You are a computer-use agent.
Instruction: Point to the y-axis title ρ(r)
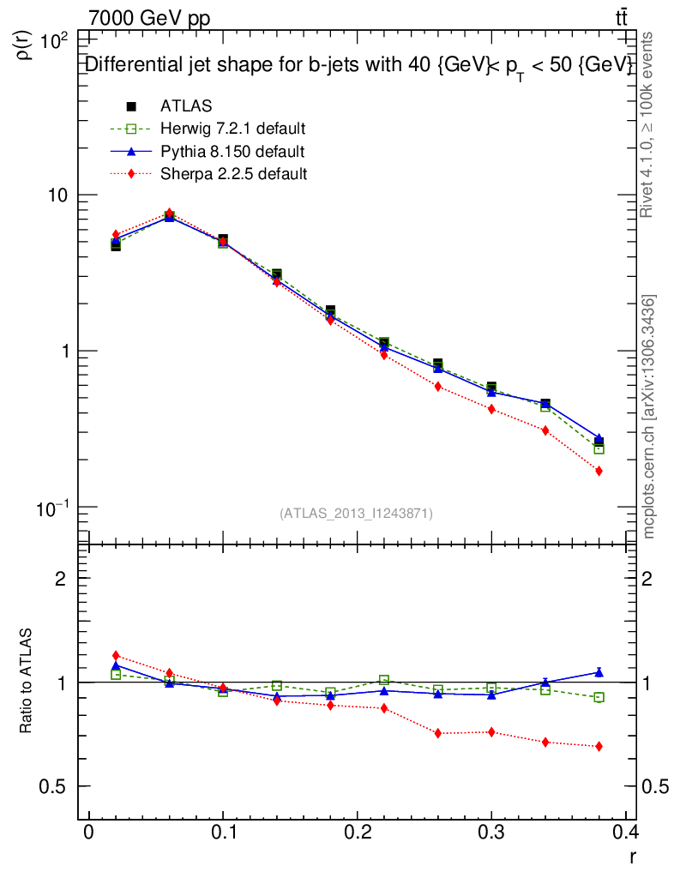(26, 45)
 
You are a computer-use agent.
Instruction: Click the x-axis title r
(633, 855)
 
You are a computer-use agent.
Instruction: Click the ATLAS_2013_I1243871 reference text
(356, 513)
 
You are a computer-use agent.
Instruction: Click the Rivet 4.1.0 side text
(649, 124)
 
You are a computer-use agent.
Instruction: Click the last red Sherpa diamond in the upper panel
(599, 471)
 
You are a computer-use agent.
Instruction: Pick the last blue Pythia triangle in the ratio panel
(599, 672)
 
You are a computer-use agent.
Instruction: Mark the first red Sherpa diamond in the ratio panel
(116, 656)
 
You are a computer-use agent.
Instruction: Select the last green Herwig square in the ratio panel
(599, 697)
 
